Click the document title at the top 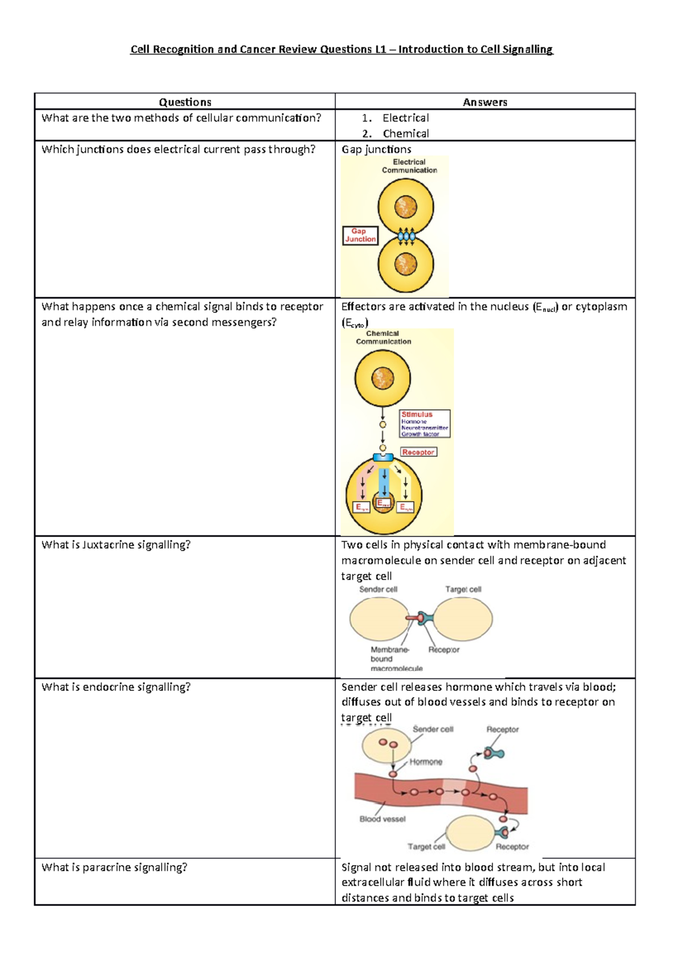click(x=341, y=50)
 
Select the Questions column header click(x=185, y=102)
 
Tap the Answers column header click(x=485, y=102)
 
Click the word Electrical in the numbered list click(x=405, y=118)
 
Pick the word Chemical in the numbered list click(x=405, y=134)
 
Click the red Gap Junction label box click(x=360, y=235)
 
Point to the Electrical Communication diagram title click(x=409, y=166)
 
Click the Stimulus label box click(x=425, y=424)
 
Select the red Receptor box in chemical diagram click(x=418, y=452)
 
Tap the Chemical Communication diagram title click(x=383, y=338)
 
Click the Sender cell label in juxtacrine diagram click(x=378, y=589)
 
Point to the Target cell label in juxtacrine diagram click(x=463, y=589)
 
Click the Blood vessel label click(x=382, y=819)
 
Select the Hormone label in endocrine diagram click(x=426, y=762)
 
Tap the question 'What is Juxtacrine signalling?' click(x=116, y=545)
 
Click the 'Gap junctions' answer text click(x=376, y=149)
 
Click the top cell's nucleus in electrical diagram click(x=406, y=207)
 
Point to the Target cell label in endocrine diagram click(x=426, y=847)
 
